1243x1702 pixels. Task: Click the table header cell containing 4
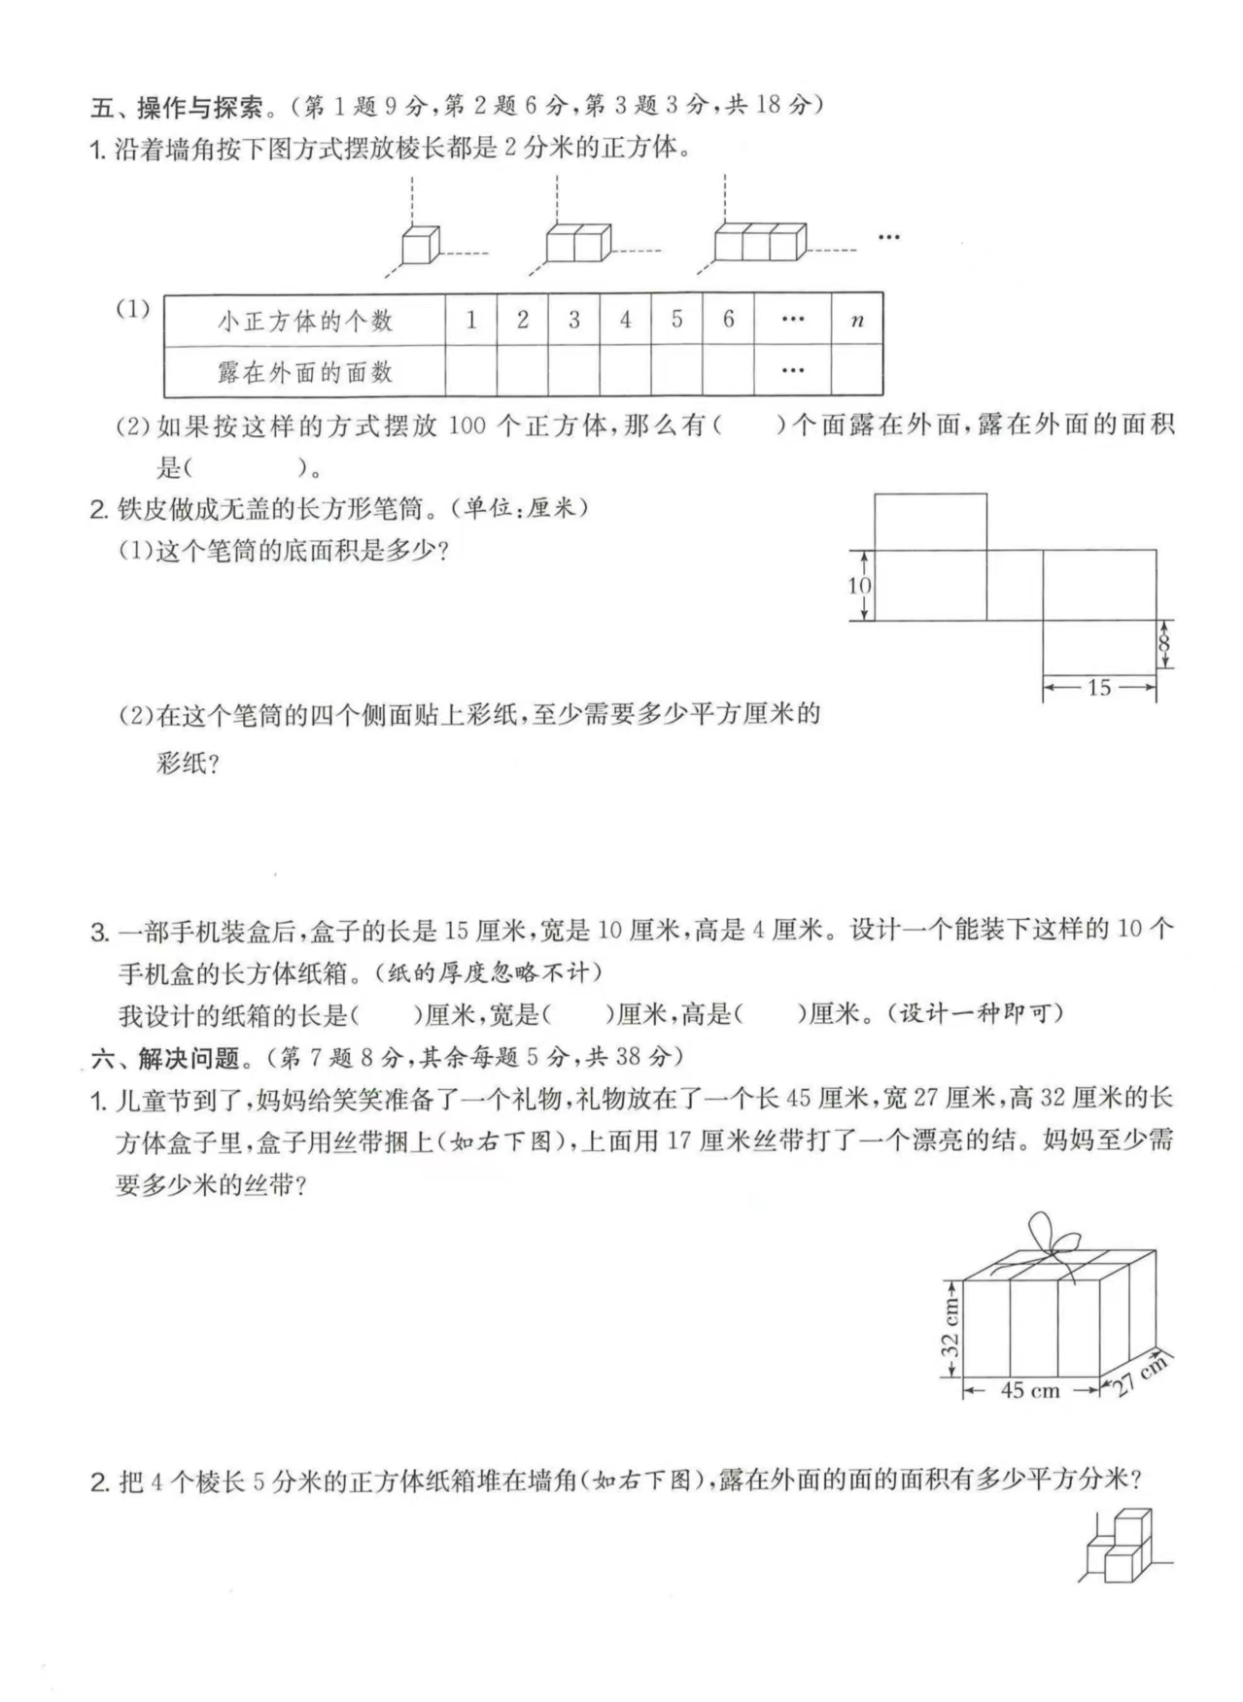coord(625,320)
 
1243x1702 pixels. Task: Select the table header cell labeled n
coord(856,320)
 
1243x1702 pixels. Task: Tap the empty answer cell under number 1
coord(471,371)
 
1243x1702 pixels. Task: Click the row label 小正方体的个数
coord(304,321)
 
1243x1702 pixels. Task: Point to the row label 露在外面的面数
coord(304,372)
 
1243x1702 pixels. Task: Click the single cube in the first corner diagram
coord(421,245)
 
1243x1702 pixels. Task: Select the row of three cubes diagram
coord(760,242)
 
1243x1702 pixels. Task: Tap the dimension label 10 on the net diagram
coord(859,585)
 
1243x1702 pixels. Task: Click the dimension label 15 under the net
coord(1099,688)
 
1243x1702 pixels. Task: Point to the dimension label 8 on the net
coord(1164,644)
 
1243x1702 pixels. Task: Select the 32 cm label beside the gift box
coord(950,1328)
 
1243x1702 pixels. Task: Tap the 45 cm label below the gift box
coord(1030,1390)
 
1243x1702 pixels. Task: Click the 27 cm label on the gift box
coord(1139,1374)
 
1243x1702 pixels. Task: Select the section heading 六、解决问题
coord(165,1057)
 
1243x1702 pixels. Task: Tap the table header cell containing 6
coord(728,320)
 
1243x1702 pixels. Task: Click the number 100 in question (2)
coord(466,425)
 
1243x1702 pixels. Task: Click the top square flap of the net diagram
coord(930,522)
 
